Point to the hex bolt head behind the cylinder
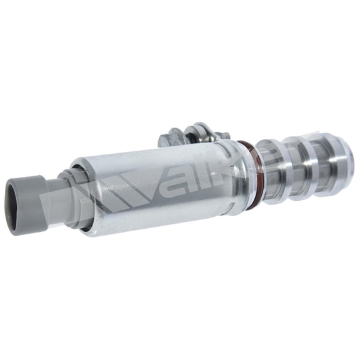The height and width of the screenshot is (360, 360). click(x=172, y=136)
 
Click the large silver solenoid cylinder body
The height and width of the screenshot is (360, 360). click(x=156, y=187)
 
